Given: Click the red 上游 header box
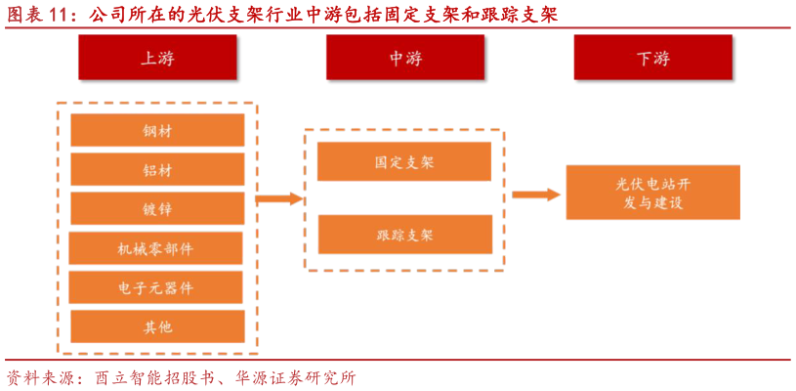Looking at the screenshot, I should [158, 59].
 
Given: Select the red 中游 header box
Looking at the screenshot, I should [405, 59].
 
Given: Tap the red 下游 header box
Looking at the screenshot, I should [653, 59].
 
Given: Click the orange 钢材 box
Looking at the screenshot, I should [157, 131].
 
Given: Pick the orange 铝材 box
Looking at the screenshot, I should [157, 170].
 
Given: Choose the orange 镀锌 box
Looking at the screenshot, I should [157, 209].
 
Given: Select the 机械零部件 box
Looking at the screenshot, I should [156, 248].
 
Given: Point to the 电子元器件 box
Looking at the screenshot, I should [156, 287].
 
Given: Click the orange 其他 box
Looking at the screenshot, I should [157, 326].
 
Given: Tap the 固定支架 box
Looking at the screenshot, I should [404, 162].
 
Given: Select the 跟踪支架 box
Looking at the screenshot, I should [404, 235].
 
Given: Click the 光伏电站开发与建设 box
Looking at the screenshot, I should [652, 193].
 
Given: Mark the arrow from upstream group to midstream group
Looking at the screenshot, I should [279, 199].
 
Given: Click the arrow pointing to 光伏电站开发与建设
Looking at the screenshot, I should [536, 195].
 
